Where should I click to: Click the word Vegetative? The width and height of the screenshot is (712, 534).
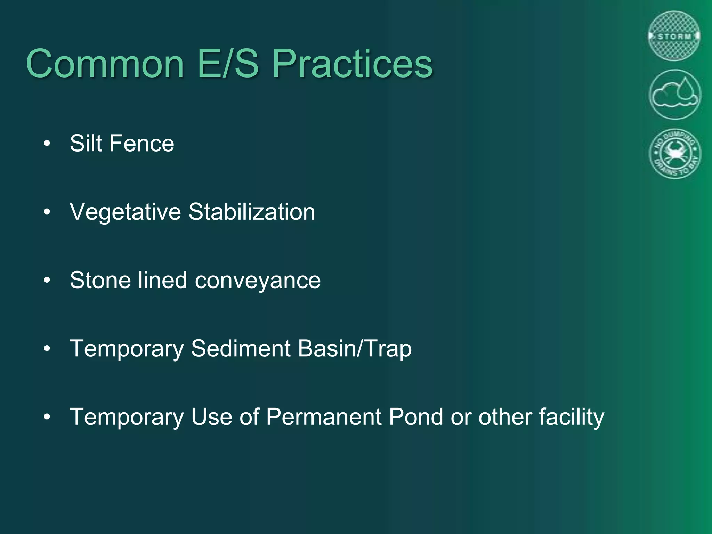tap(125, 212)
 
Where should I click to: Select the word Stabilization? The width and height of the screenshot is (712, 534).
tap(252, 212)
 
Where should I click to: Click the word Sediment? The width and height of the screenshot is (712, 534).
tap(241, 348)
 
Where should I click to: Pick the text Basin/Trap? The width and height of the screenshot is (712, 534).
tap(355, 348)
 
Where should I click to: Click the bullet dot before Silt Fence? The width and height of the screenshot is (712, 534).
tap(47, 143)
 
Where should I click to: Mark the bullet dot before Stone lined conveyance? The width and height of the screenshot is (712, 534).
tap(47, 280)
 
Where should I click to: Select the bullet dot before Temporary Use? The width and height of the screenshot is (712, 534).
tap(47, 416)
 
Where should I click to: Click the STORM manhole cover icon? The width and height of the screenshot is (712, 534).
tap(674, 36)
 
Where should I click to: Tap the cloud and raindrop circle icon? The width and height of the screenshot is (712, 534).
tap(675, 95)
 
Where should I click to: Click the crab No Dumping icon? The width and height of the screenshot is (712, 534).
tap(675, 153)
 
